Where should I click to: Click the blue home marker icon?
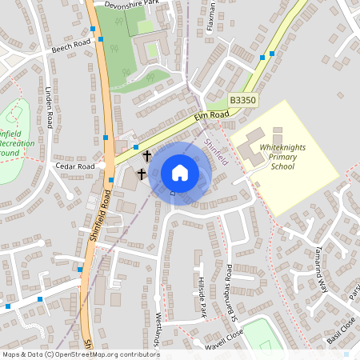coord(180,173)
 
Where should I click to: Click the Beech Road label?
coord(72,46)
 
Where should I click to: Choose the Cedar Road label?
coord(76,166)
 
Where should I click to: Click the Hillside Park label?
coord(202,297)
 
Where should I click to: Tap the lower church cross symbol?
coord(142,174)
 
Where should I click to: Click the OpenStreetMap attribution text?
coord(81,354)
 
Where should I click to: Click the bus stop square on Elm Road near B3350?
coord(272,54)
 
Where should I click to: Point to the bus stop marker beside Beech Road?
coord(94,30)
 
